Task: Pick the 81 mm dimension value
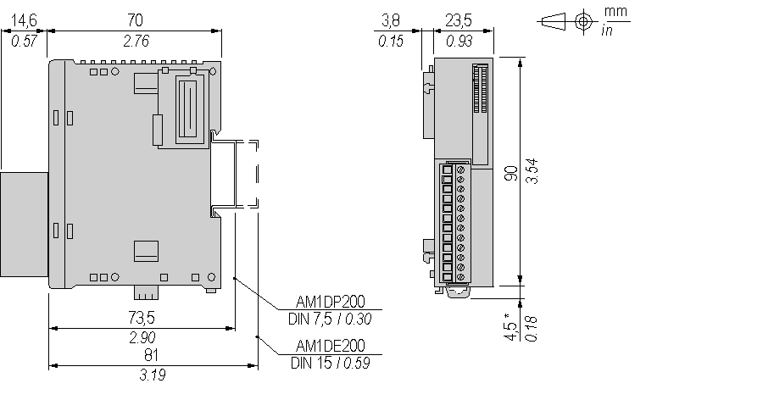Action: [x=152, y=355]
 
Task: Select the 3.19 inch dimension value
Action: [x=152, y=375]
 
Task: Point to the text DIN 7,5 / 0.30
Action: [x=331, y=319]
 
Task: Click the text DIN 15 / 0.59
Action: [x=331, y=364]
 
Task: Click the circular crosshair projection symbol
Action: [x=582, y=21]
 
